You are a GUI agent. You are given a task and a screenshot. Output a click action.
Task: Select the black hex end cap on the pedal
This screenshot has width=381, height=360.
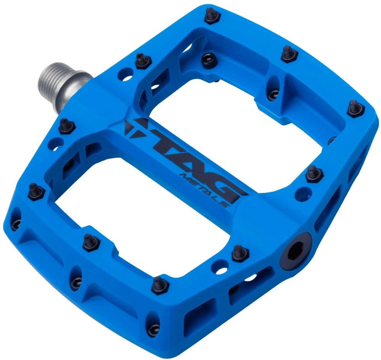tap(296, 251)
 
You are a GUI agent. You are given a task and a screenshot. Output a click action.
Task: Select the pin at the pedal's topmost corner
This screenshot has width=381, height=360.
tap(212, 16)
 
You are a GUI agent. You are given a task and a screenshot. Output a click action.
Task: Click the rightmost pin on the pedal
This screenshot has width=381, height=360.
tap(356, 109)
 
